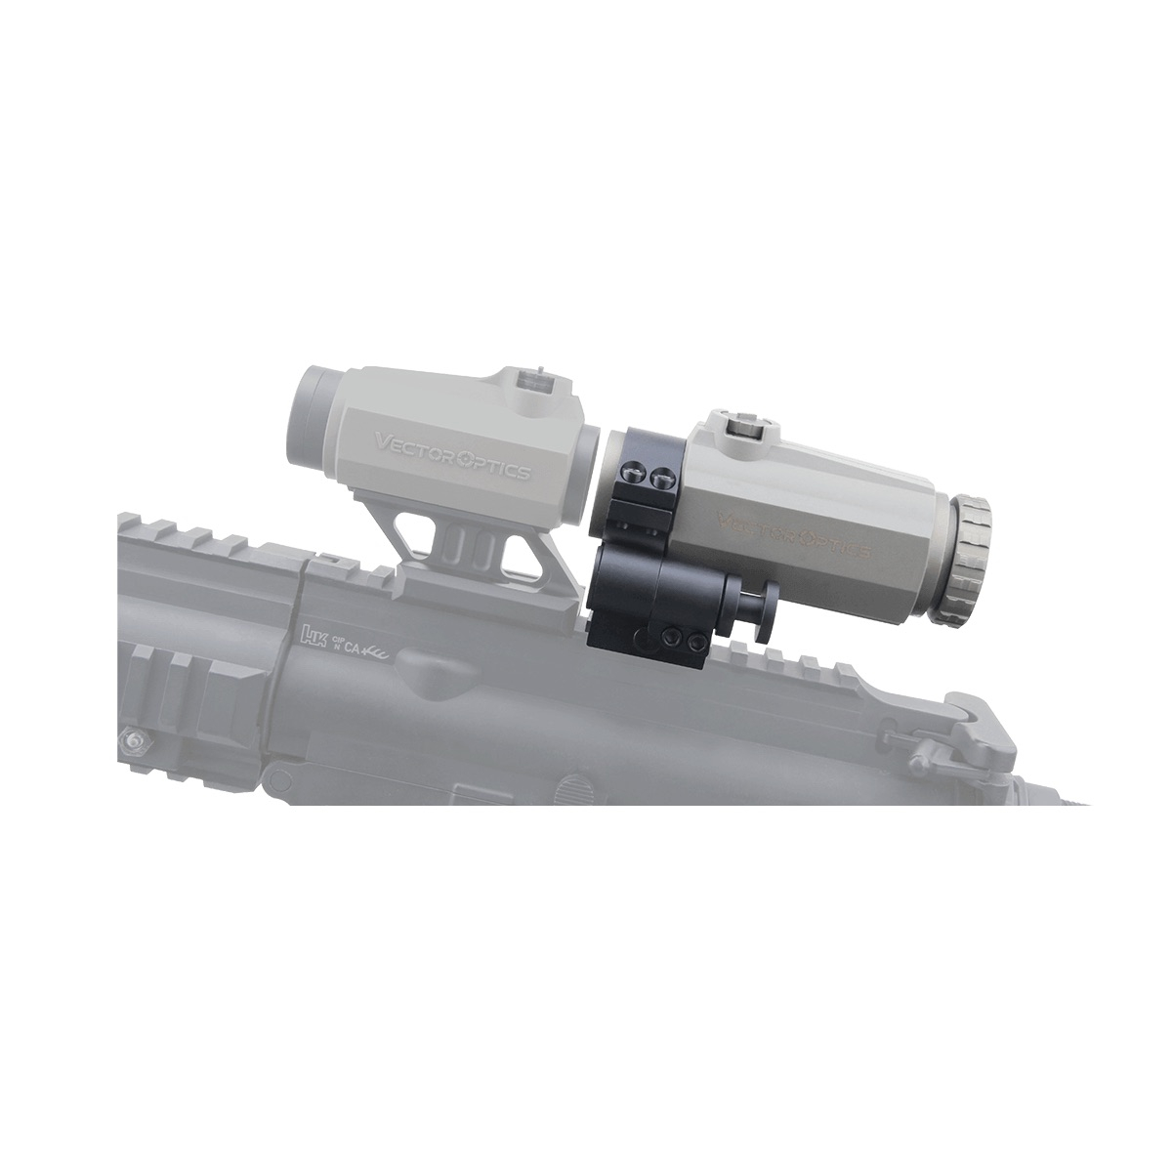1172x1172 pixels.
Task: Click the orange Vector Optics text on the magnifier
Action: [x=794, y=534]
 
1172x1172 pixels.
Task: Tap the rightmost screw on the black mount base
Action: [x=697, y=640]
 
